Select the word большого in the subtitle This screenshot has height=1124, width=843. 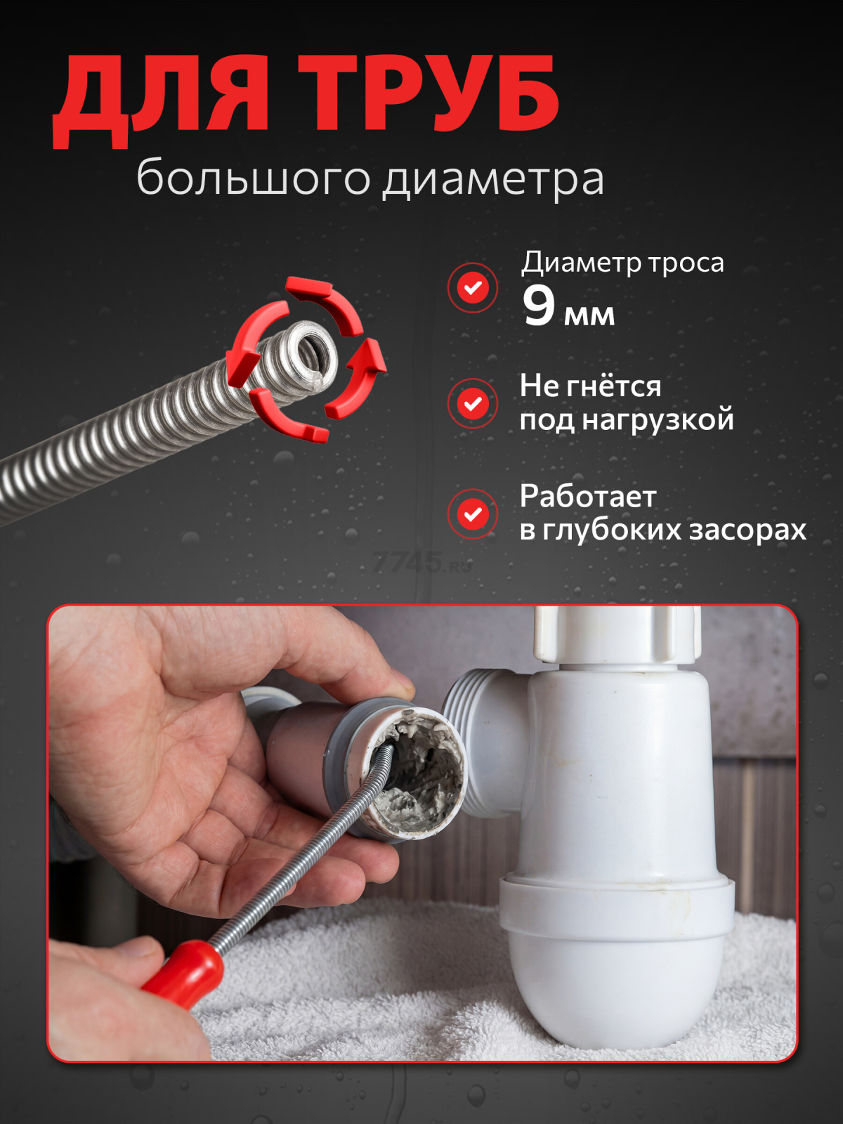click(x=253, y=178)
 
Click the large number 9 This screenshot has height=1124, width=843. click(x=539, y=306)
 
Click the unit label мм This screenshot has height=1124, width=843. click(x=589, y=315)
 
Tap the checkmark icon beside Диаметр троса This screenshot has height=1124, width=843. click(x=473, y=287)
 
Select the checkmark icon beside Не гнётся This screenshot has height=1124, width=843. click(x=473, y=403)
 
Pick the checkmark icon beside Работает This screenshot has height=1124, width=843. click(x=473, y=514)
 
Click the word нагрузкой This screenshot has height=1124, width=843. click(x=658, y=420)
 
